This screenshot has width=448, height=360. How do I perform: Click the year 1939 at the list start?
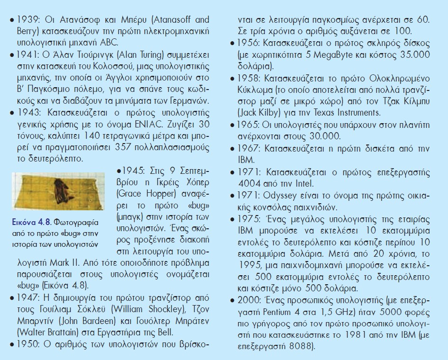click(28, 21)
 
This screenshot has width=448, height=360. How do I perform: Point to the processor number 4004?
click(258, 182)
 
